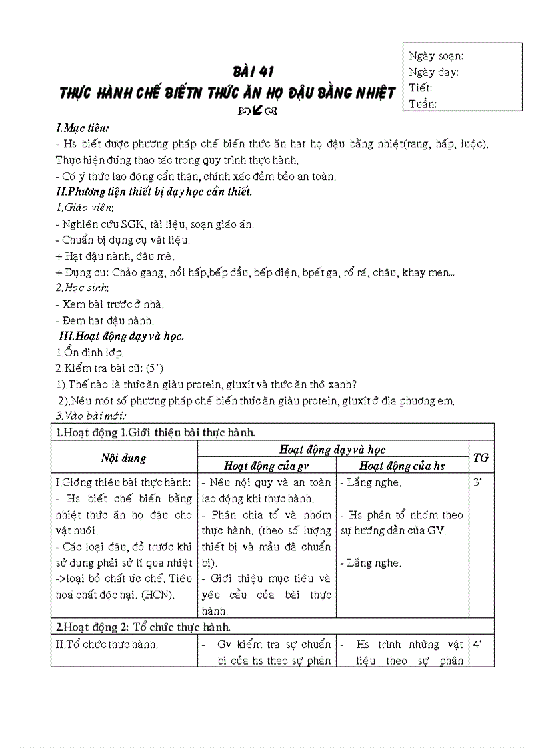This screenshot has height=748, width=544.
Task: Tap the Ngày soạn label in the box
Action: point(436,56)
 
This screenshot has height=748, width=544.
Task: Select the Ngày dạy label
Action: point(433,72)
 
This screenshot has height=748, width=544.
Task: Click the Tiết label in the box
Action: point(421,88)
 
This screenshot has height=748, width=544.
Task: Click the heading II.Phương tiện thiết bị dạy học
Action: point(154,192)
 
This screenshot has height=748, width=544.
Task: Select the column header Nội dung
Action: point(124,458)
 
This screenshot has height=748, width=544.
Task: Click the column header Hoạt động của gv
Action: point(266,466)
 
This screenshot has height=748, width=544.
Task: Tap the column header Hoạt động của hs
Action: point(402,466)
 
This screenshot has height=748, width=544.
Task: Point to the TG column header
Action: point(481,458)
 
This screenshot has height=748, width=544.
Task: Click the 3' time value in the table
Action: point(477,482)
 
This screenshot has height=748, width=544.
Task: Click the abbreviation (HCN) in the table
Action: point(158,595)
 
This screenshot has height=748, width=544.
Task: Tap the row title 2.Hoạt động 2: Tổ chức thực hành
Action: point(143,627)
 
